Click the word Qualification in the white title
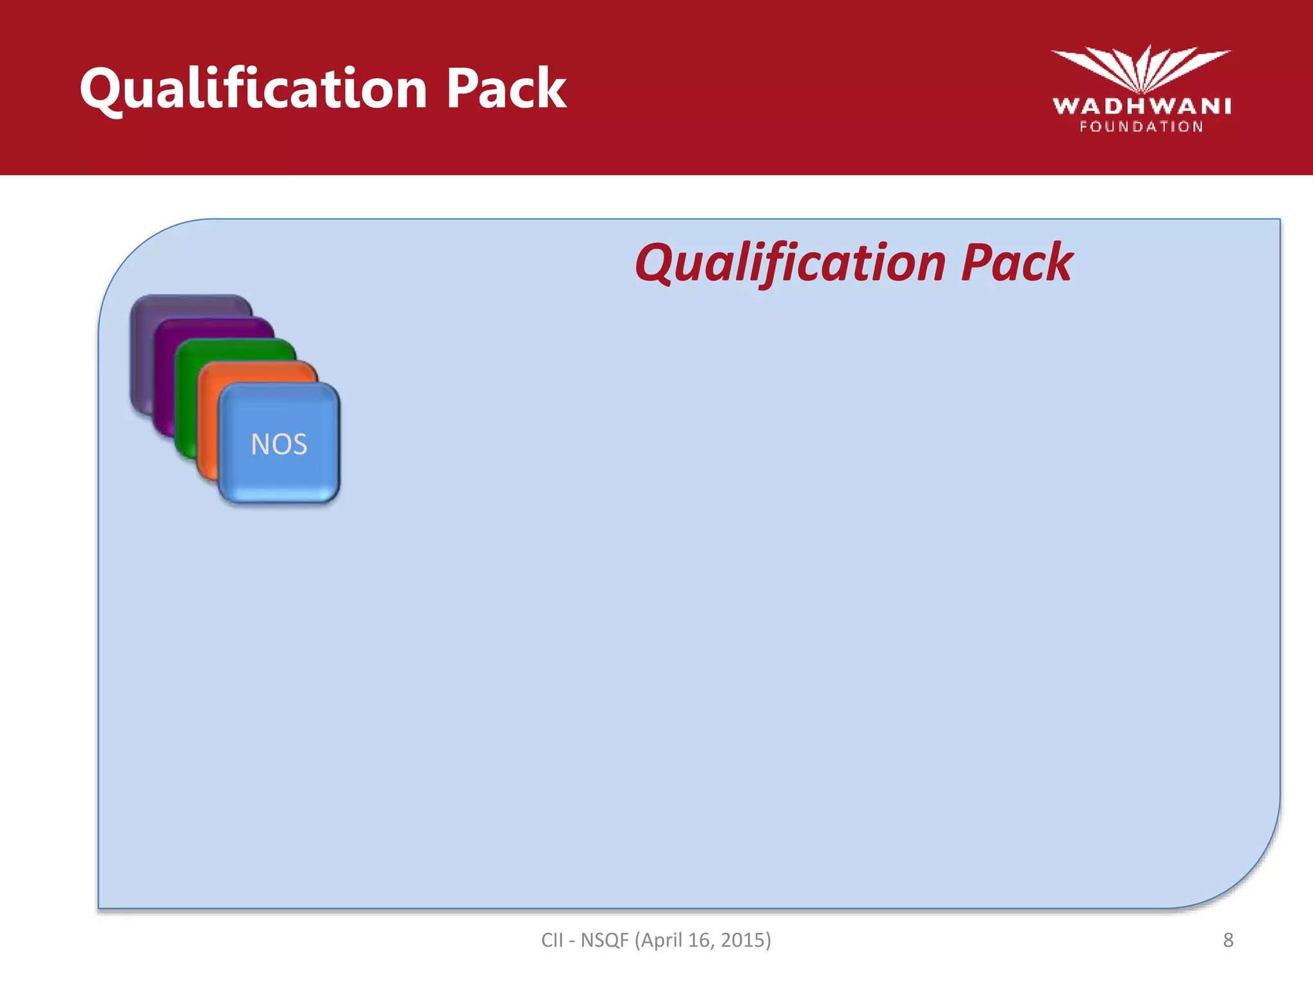pyautogui.click(x=254, y=89)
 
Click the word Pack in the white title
pyautogui.click(x=506, y=89)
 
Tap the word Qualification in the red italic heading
pyautogui.click(x=790, y=263)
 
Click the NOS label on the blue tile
pyautogui.click(x=279, y=444)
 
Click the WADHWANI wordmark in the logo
pyautogui.click(x=1142, y=106)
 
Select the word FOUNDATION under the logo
pyautogui.click(x=1142, y=127)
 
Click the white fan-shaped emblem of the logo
pyautogui.click(x=1141, y=67)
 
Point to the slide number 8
pyautogui.click(x=1228, y=940)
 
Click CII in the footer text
pyautogui.click(x=552, y=940)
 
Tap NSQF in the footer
pyautogui.click(x=605, y=940)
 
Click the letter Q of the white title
pyautogui.click(x=101, y=89)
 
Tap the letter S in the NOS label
pyautogui.click(x=298, y=444)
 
